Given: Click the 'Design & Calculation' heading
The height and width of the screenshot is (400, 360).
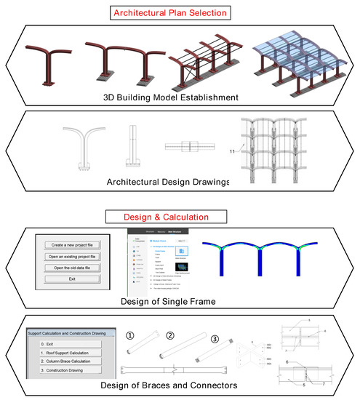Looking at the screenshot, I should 180,217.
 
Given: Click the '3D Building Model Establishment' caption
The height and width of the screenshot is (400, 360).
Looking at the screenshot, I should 179,96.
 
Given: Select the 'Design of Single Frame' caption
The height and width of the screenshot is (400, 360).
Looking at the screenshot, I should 179,300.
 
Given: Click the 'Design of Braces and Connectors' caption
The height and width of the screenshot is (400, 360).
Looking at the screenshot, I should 179,385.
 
